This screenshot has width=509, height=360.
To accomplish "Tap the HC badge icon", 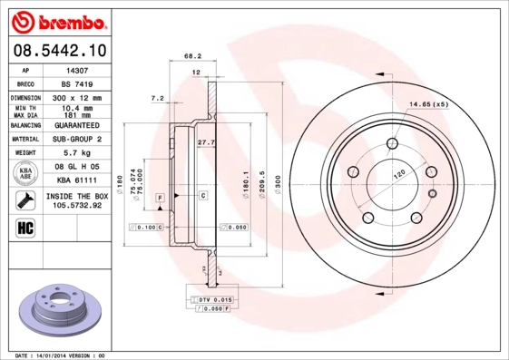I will click(x=25, y=226).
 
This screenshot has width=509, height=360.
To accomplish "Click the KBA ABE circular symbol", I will click(x=25, y=174).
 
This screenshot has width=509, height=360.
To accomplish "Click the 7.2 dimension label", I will click(x=157, y=97).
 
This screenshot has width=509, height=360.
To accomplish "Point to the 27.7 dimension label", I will click(x=205, y=141).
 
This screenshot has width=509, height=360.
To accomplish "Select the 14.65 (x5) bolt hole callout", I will click(x=429, y=105).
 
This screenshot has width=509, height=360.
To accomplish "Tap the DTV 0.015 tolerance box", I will click(x=215, y=298).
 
